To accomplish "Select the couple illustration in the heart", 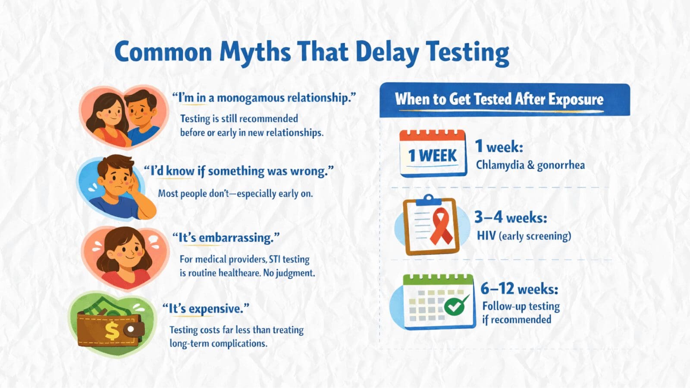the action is pos(124,117).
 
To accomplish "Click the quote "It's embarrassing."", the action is pos(226,238).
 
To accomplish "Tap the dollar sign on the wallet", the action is pos(112,331).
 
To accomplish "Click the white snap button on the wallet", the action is pos(131,329).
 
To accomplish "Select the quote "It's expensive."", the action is pos(206,309).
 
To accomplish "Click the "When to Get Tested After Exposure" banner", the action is pos(505,100).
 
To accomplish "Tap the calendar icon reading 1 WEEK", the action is pos(433,153).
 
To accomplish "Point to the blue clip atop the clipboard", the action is pos(429,200).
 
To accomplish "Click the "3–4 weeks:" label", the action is pos(511,218).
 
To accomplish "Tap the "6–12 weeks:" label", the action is pos(519,289).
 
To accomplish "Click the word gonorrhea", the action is pos(561,166).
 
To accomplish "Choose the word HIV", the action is pos(486,236).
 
